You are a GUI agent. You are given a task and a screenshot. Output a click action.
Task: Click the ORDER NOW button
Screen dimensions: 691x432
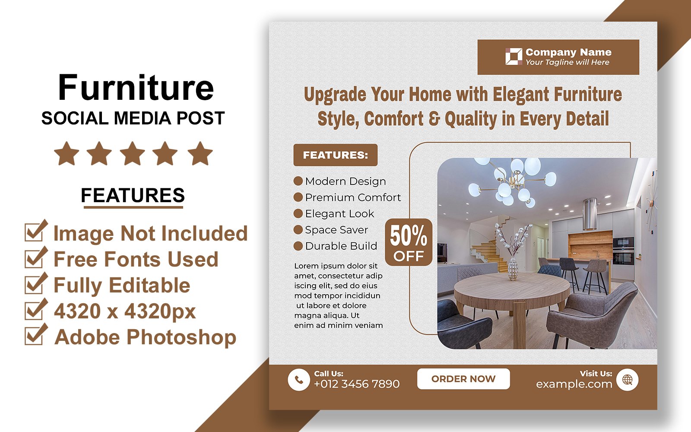coord(463,378)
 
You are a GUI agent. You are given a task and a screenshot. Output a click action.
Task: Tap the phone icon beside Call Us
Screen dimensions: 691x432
coord(298,380)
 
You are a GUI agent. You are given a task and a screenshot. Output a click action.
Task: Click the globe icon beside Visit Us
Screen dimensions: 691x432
coord(628,380)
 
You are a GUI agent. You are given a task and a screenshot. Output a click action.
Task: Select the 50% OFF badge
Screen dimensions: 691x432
coord(409,242)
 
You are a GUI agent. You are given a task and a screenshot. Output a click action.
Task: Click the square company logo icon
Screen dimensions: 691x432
coord(513,57)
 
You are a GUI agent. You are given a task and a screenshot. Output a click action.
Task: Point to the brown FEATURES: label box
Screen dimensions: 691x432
coord(335,155)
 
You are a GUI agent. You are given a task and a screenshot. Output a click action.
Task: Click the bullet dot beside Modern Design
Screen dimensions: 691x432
coord(298,181)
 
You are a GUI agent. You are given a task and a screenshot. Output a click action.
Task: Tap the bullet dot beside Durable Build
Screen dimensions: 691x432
coord(298,246)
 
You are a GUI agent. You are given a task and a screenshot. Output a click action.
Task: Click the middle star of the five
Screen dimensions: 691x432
coord(132,153)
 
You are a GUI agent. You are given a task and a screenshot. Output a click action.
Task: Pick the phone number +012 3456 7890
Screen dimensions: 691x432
coord(357,384)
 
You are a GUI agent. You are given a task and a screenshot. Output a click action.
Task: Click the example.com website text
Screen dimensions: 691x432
coord(574,384)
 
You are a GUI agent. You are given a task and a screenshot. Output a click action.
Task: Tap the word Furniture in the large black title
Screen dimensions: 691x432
coord(136,88)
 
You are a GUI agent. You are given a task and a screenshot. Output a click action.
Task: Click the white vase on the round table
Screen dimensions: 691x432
coord(513,268)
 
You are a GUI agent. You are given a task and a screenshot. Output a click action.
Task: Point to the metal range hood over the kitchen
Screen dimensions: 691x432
coord(590,214)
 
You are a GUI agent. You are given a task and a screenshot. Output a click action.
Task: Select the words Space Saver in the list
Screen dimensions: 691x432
coord(336,230)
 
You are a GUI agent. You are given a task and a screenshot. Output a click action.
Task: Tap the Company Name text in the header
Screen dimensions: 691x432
coord(568,52)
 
